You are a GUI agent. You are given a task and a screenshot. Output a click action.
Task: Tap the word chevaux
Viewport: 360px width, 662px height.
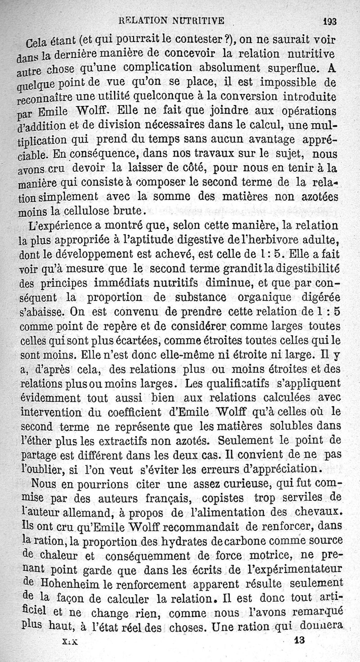click(x=320, y=511)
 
